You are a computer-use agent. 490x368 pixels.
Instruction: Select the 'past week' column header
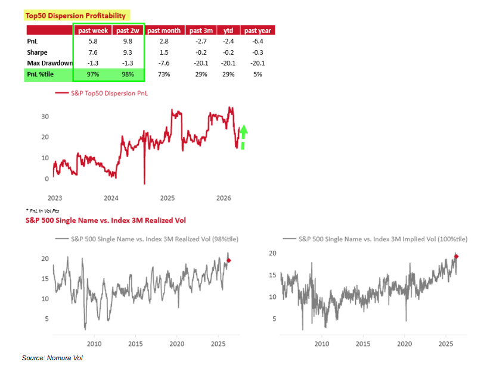coord(92,30)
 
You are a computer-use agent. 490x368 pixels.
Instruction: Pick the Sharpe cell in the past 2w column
coord(128,52)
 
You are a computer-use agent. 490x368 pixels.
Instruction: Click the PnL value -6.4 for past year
coord(258,42)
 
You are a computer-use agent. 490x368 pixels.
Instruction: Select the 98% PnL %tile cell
coord(128,74)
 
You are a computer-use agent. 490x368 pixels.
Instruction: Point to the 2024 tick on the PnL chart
coord(110,198)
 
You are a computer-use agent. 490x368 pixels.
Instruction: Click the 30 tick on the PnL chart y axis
coord(44,116)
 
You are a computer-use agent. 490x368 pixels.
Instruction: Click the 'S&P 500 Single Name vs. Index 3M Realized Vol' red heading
coord(106,220)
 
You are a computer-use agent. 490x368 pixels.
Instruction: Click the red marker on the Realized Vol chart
coord(230,260)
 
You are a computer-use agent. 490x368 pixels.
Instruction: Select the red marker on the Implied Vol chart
coord(456,257)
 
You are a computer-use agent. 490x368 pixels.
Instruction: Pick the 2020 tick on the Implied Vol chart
coord(405,344)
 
